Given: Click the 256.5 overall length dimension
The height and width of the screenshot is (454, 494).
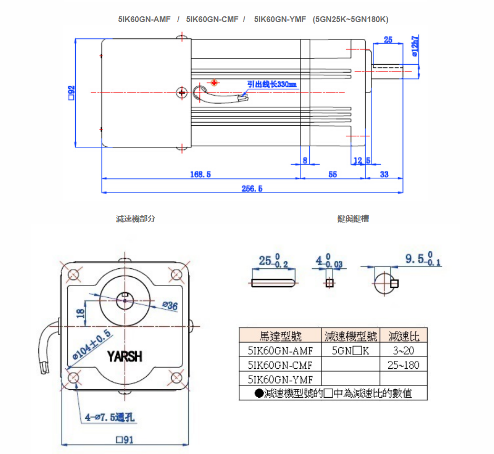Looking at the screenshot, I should (252, 189).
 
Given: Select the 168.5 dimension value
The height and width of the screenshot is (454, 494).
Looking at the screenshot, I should (200, 175).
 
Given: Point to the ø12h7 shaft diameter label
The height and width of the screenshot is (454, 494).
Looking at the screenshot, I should (415, 46).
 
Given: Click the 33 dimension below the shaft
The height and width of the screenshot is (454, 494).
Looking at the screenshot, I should (384, 175).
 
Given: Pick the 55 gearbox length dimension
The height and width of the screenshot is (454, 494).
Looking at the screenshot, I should (332, 175).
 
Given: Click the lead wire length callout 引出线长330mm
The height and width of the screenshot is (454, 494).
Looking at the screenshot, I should (273, 84).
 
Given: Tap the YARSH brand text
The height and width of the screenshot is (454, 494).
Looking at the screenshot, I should (125, 357).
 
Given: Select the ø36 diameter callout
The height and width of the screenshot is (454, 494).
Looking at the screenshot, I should (170, 306).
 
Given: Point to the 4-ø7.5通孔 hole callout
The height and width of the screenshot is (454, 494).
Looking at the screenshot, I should (109, 418).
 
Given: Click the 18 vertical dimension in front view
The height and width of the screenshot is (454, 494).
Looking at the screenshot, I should (80, 312).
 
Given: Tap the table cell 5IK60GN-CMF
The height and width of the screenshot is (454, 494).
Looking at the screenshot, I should (280, 365).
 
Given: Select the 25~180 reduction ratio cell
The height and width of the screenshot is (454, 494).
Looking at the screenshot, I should (403, 365).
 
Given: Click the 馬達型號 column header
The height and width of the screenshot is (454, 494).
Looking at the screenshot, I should (280, 335).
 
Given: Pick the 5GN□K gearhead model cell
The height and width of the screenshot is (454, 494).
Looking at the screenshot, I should (350, 350).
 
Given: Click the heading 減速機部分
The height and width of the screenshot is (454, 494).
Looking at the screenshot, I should (136, 219).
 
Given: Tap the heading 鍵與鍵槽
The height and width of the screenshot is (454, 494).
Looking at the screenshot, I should (353, 219).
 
